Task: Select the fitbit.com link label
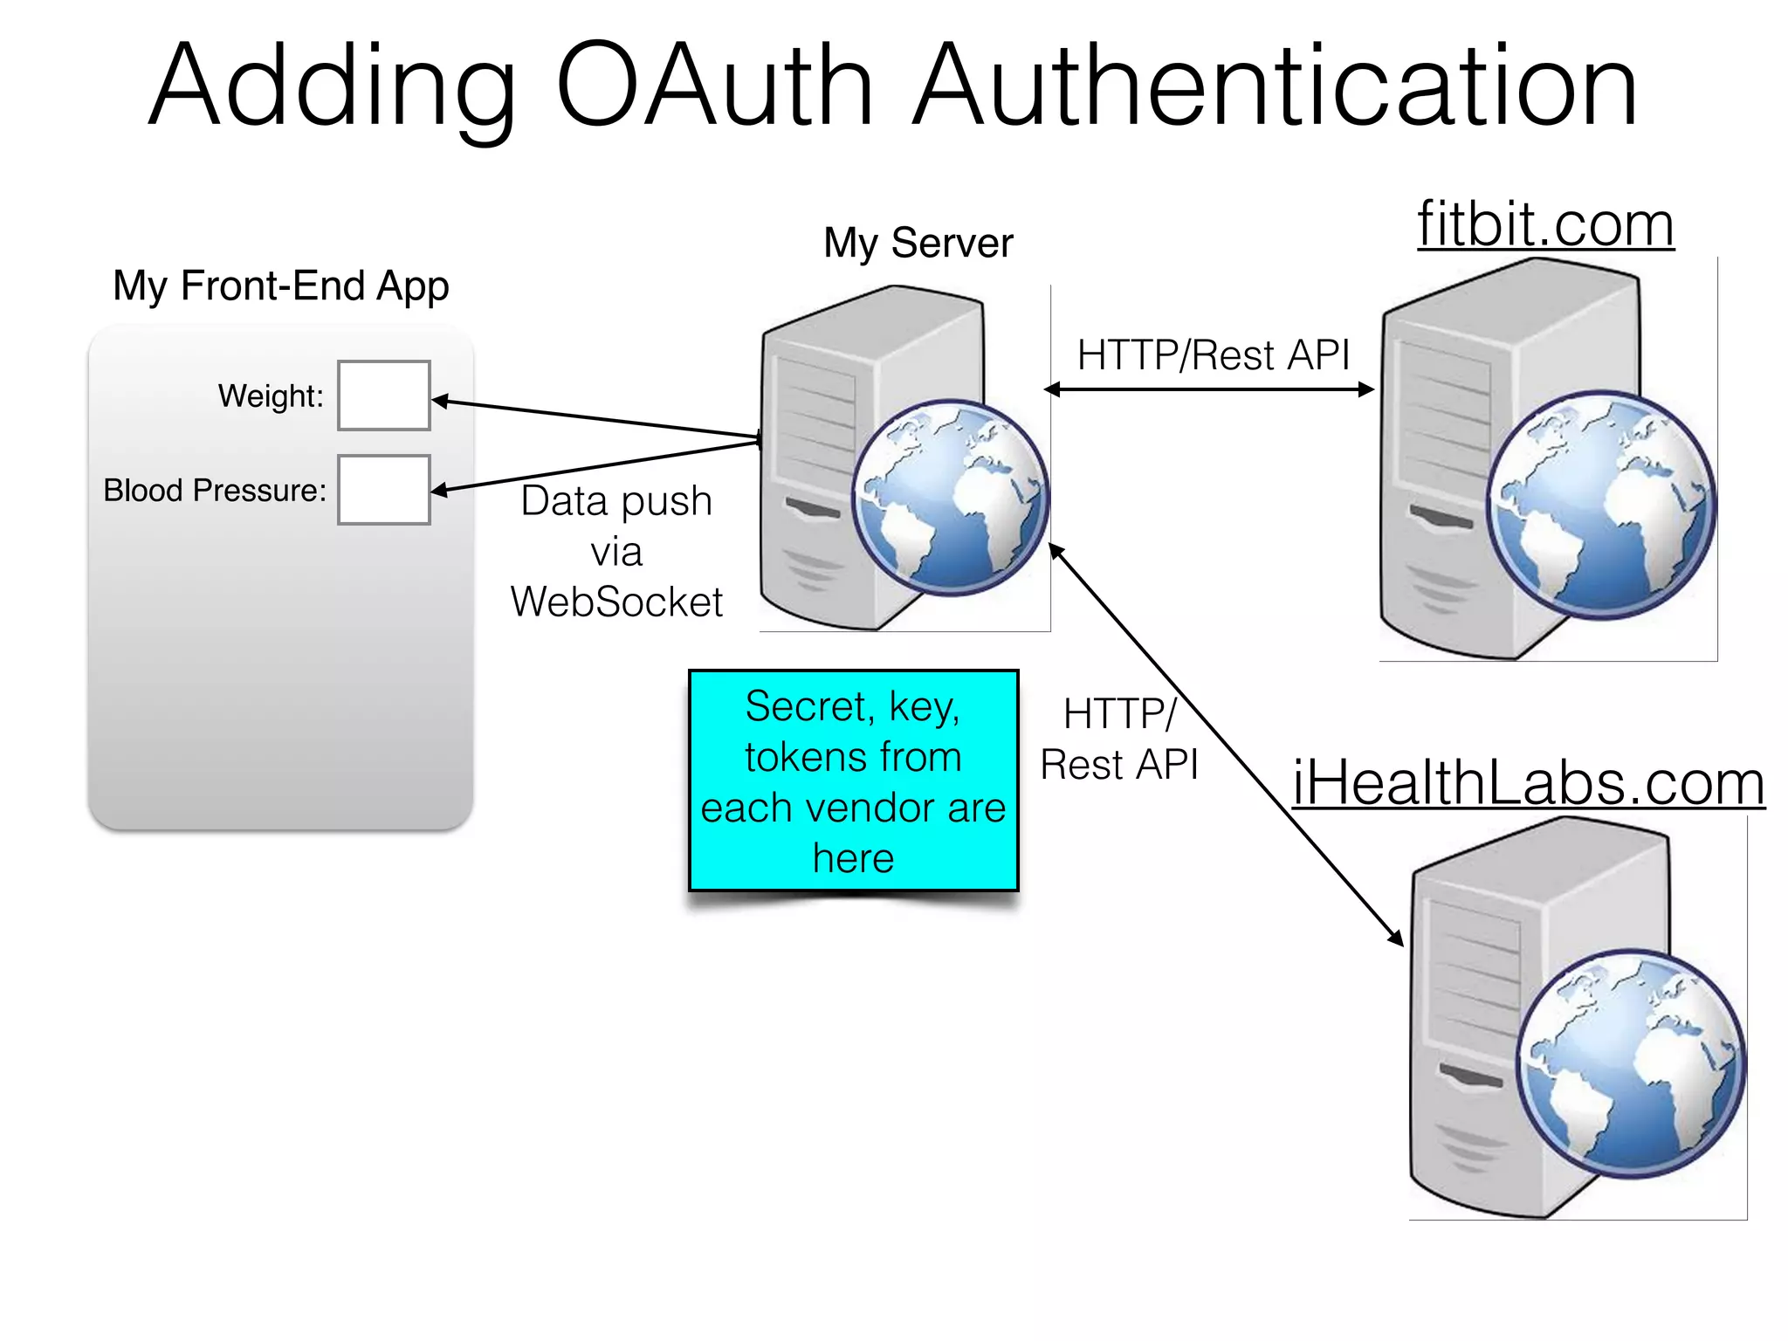1545,225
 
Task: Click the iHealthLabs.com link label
1528,782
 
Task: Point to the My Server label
918,243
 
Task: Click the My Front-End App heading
280,286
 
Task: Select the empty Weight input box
384,395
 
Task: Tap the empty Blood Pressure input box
384,490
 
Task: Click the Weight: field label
271,396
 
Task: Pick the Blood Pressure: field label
215,491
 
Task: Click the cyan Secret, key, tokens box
853,781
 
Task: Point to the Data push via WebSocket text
616,552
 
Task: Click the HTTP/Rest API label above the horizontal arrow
1213,355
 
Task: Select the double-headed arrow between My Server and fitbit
1209,389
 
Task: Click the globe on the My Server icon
950,498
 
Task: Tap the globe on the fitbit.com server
1600,505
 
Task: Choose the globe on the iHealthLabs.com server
1630,1063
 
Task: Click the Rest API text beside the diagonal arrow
1119,765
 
